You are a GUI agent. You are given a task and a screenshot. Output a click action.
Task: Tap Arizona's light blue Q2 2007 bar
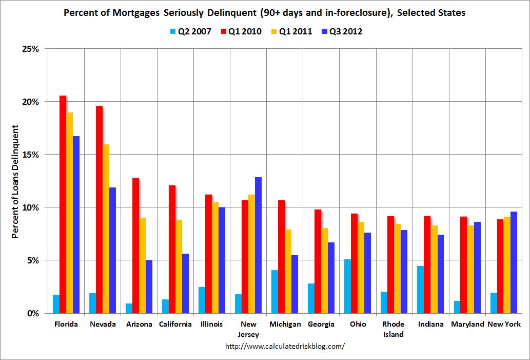click(129, 308)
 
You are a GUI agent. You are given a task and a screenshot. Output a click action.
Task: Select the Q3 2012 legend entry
click(341, 32)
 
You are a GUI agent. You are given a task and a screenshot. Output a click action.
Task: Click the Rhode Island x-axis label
click(393, 329)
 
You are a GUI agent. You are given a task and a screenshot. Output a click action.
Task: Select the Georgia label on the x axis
click(321, 324)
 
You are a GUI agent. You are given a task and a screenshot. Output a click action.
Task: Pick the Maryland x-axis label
click(467, 324)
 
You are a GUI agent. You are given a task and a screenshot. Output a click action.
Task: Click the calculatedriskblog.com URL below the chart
click(285, 346)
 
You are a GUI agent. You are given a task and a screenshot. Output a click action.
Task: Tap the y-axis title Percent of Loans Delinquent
click(15, 181)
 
